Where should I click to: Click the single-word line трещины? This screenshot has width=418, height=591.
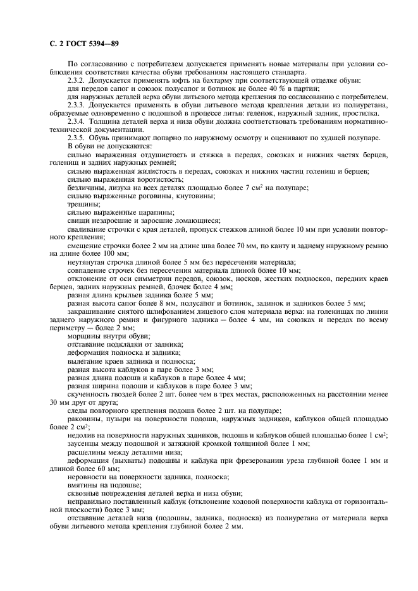[83, 203]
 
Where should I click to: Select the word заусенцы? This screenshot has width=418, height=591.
[87, 444]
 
